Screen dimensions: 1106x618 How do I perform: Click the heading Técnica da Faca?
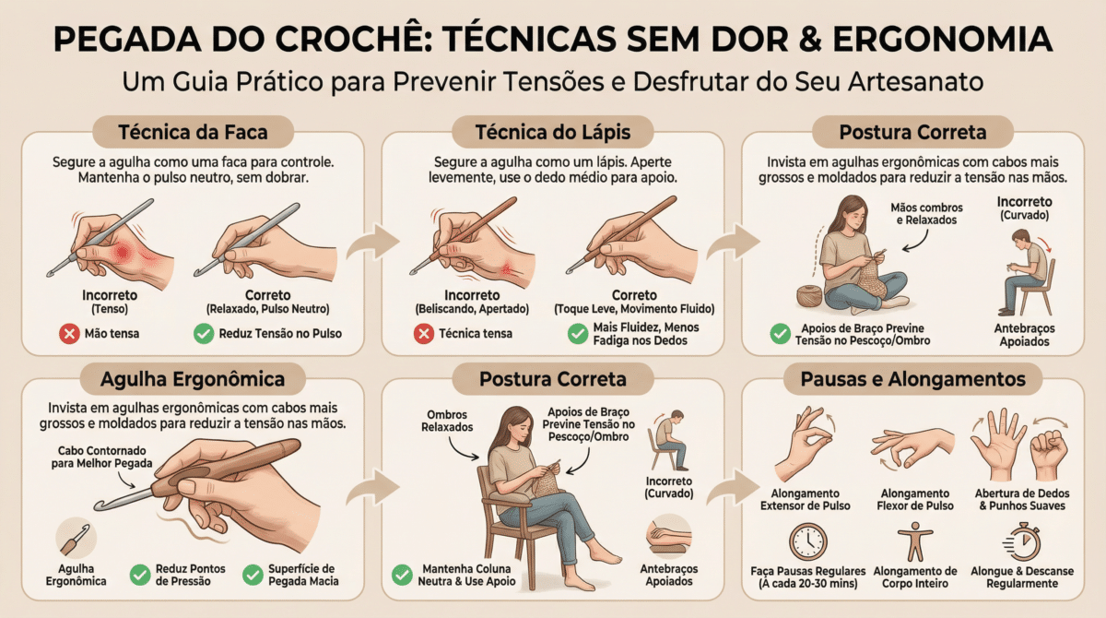(193, 133)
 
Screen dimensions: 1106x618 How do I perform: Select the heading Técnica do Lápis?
(552, 133)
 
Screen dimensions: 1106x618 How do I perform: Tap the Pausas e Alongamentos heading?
(912, 379)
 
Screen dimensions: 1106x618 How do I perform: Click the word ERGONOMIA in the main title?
(943, 39)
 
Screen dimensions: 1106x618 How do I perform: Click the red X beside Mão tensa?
(69, 334)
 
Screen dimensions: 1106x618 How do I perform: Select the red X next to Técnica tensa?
(424, 334)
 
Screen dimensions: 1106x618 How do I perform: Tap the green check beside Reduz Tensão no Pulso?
(204, 334)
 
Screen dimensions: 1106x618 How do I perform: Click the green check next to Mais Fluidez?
(578, 334)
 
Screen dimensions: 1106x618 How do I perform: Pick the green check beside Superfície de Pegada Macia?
(253, 575)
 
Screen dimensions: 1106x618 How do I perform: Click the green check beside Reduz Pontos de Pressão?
(140, 575)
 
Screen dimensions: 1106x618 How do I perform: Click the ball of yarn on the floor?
(809, 296)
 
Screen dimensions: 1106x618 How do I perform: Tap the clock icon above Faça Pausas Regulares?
(807, 542)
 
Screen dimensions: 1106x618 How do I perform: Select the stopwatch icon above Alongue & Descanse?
(1022, 542)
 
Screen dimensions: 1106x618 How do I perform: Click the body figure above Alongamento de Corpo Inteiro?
(915, 543)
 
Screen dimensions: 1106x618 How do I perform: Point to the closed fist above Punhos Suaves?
(1049, 455)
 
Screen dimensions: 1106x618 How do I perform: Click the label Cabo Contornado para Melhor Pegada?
(101, 457)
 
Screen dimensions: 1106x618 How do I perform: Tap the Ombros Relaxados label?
(447, 421)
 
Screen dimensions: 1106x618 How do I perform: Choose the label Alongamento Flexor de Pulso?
(915, 499)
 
